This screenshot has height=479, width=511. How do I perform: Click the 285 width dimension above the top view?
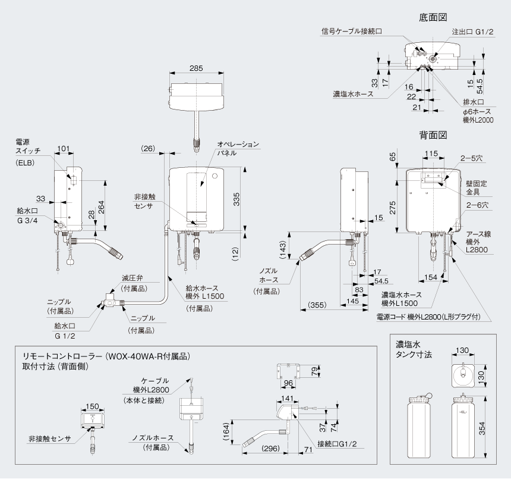tap(196, 68)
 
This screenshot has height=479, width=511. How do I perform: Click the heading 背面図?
tap(432, 135)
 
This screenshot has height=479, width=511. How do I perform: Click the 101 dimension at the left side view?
tap(64, 149)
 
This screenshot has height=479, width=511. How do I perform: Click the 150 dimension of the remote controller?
tap(93, 406)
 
